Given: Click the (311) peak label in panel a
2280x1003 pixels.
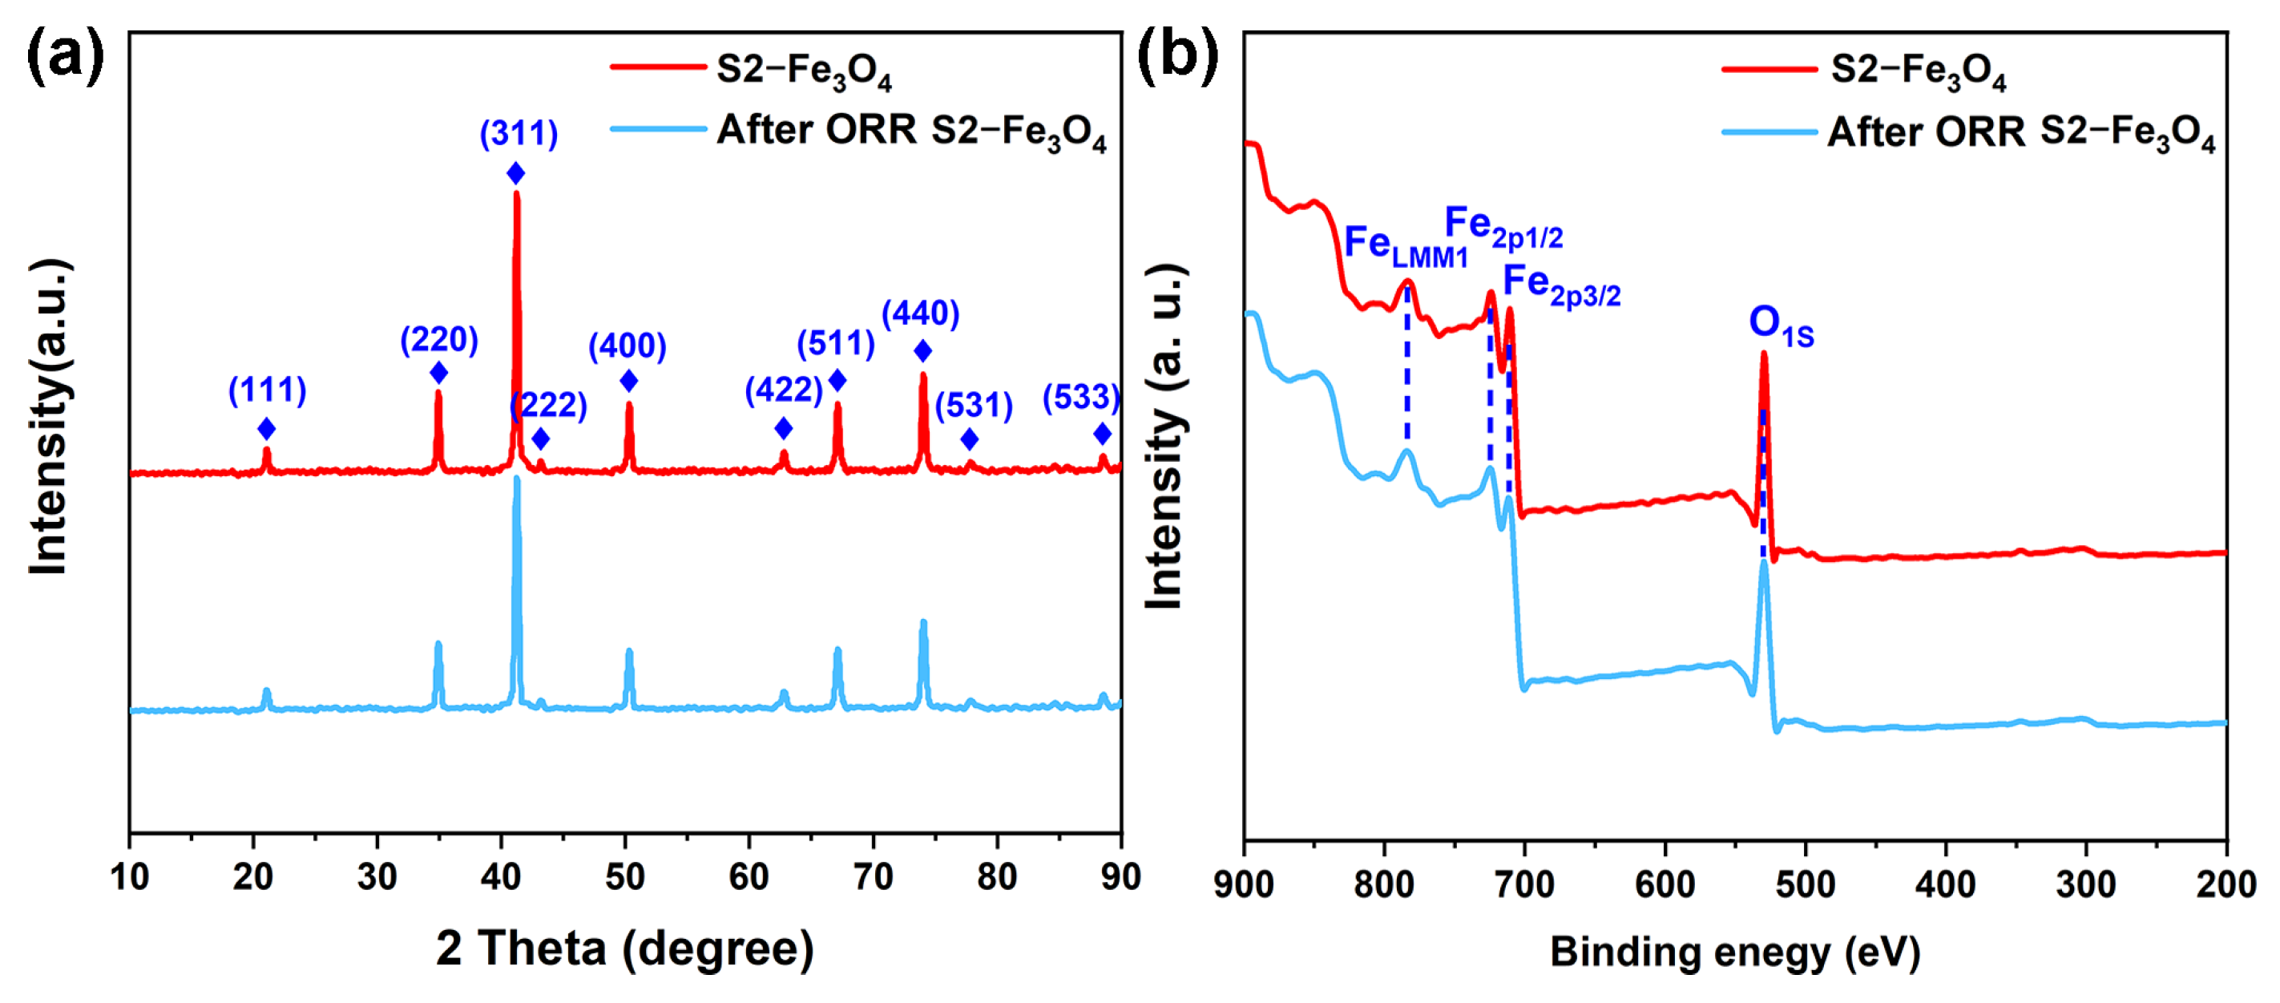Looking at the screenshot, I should coord(519,134).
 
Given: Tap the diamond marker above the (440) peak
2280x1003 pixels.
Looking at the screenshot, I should coord(922,351).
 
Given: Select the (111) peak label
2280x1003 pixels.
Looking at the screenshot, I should coord(268,390).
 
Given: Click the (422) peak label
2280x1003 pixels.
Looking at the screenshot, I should coord(783,390).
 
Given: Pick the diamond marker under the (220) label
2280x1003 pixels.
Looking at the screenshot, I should coord(438,374).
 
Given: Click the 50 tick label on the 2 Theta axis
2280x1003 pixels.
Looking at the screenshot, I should coord(625,876).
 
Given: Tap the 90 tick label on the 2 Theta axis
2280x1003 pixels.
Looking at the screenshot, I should coord(1120,876).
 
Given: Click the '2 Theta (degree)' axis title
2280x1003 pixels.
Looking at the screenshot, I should coord(624,948).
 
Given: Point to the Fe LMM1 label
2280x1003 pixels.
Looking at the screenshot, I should coord(1405,245).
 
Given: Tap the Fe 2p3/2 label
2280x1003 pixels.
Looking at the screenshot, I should coord(1560,285).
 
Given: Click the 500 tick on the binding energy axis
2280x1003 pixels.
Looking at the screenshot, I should coord(1805,884).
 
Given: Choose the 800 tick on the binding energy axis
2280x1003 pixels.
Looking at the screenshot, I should coord(1383,884).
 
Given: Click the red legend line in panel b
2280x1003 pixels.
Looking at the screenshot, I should coord(1769,68).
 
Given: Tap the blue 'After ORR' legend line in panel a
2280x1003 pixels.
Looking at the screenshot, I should coord(658,129).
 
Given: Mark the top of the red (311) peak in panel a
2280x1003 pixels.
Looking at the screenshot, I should coord(516,193).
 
